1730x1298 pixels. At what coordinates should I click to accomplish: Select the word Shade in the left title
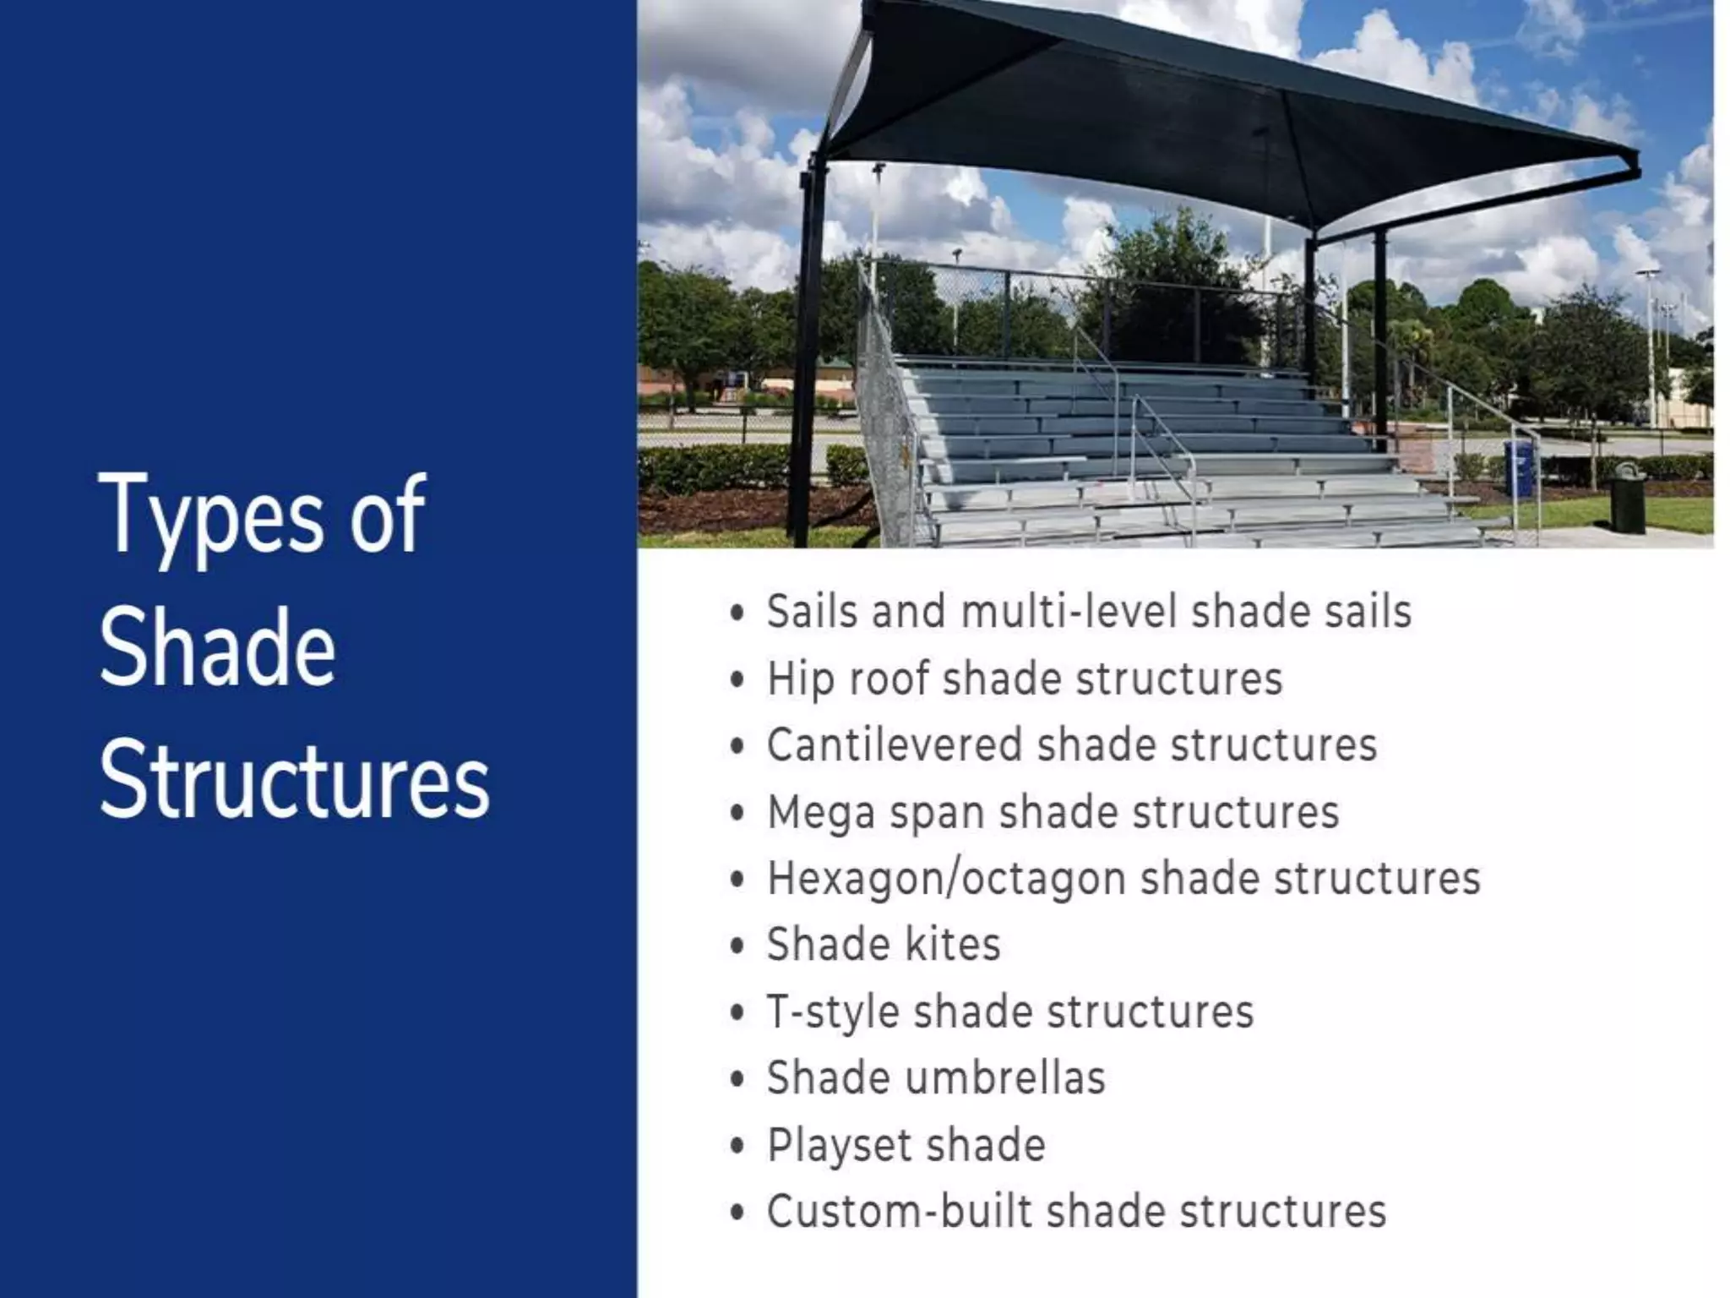[218, 647]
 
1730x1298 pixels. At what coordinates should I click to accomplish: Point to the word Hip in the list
[799, 679]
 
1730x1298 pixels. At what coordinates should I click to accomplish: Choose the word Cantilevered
[894, 745]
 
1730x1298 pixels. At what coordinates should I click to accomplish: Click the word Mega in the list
[821, 812]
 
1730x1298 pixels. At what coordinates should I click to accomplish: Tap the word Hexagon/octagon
[946, 879]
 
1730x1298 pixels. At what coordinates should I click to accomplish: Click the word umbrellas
[1006, 1078]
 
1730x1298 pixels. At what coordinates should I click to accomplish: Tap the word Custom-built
[900, 1212]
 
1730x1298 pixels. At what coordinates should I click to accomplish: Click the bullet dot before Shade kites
[737, 946]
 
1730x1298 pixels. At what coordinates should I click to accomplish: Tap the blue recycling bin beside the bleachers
[1517, 467]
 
